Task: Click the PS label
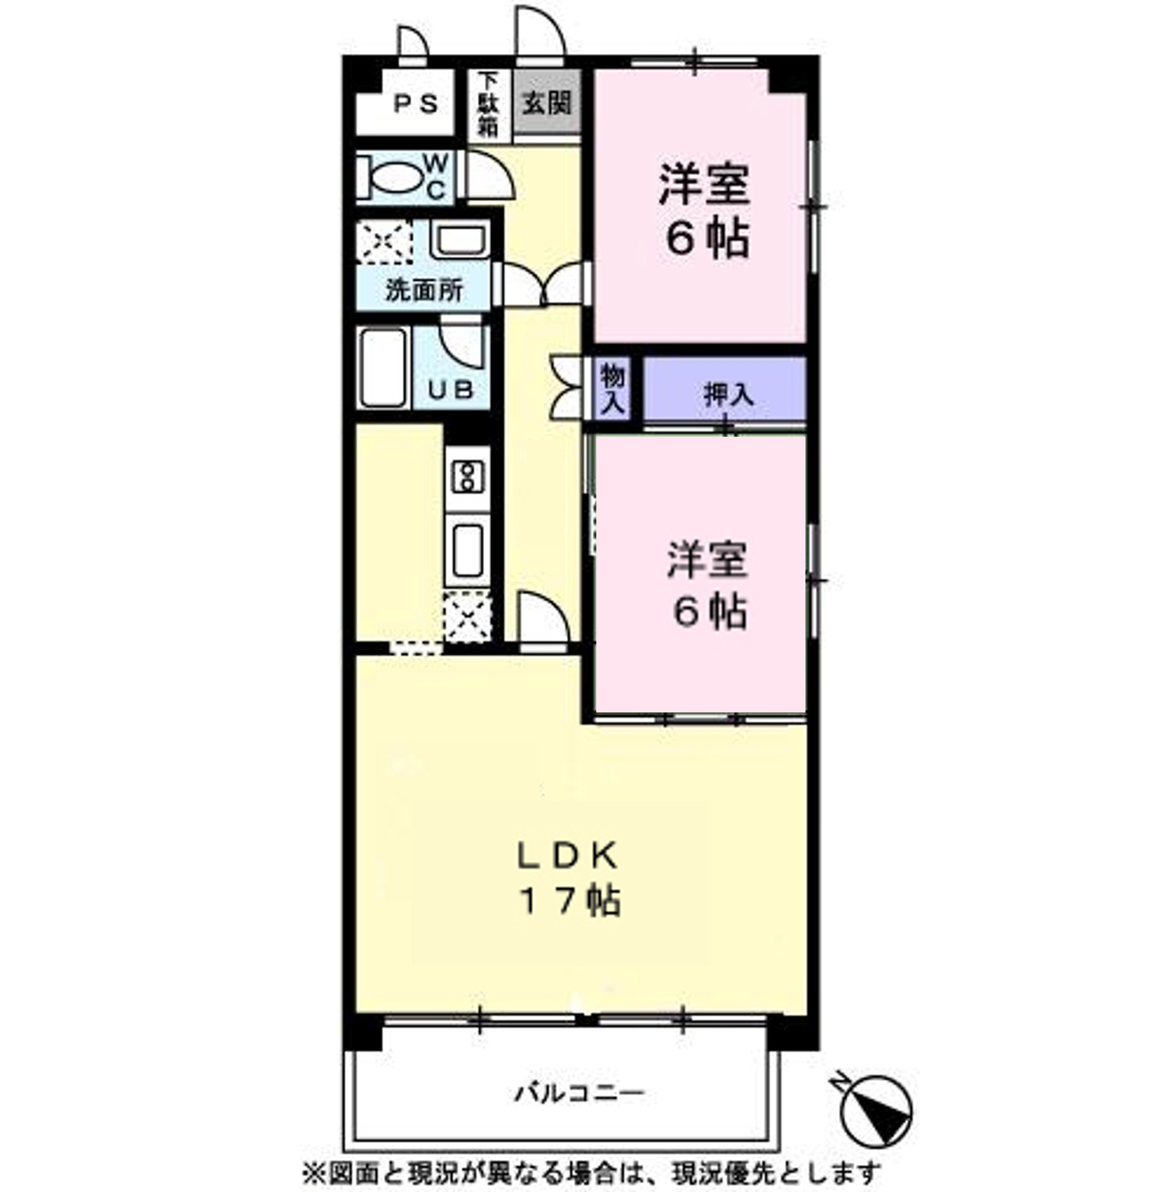coord(416,104)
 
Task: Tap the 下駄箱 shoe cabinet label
coord(488,104)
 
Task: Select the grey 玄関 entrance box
coord(547,104)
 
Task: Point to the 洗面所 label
coord(423,290)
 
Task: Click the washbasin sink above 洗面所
coord(460,239)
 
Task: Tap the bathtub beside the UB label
coord(382,368)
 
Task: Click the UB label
coord(451,390)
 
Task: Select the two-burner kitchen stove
coord(468,477)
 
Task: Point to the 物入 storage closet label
coord(613,389)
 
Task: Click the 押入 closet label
coord(728,395)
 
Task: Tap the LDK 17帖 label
coord(569,878)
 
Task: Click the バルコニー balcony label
coord(579,1094)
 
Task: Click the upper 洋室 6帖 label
coord(704,210)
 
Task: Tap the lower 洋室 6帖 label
coord(708,586)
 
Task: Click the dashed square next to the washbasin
coord(384,241)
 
